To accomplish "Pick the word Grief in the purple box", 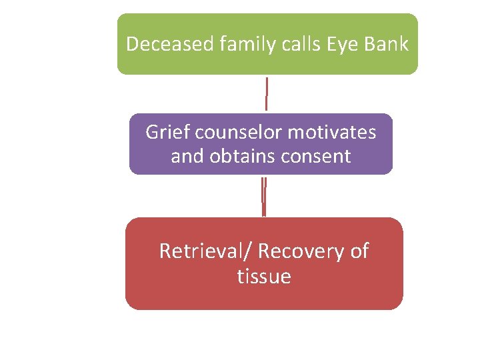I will click(x=167, y=132).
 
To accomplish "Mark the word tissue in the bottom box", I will click(x=264, y=276).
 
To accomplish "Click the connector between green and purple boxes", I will click(x=267, y=94).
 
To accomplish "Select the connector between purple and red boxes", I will click(x=264, y=196).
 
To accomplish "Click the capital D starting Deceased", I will click(x=132, y=44).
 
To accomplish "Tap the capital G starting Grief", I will click(x=153, y=132).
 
